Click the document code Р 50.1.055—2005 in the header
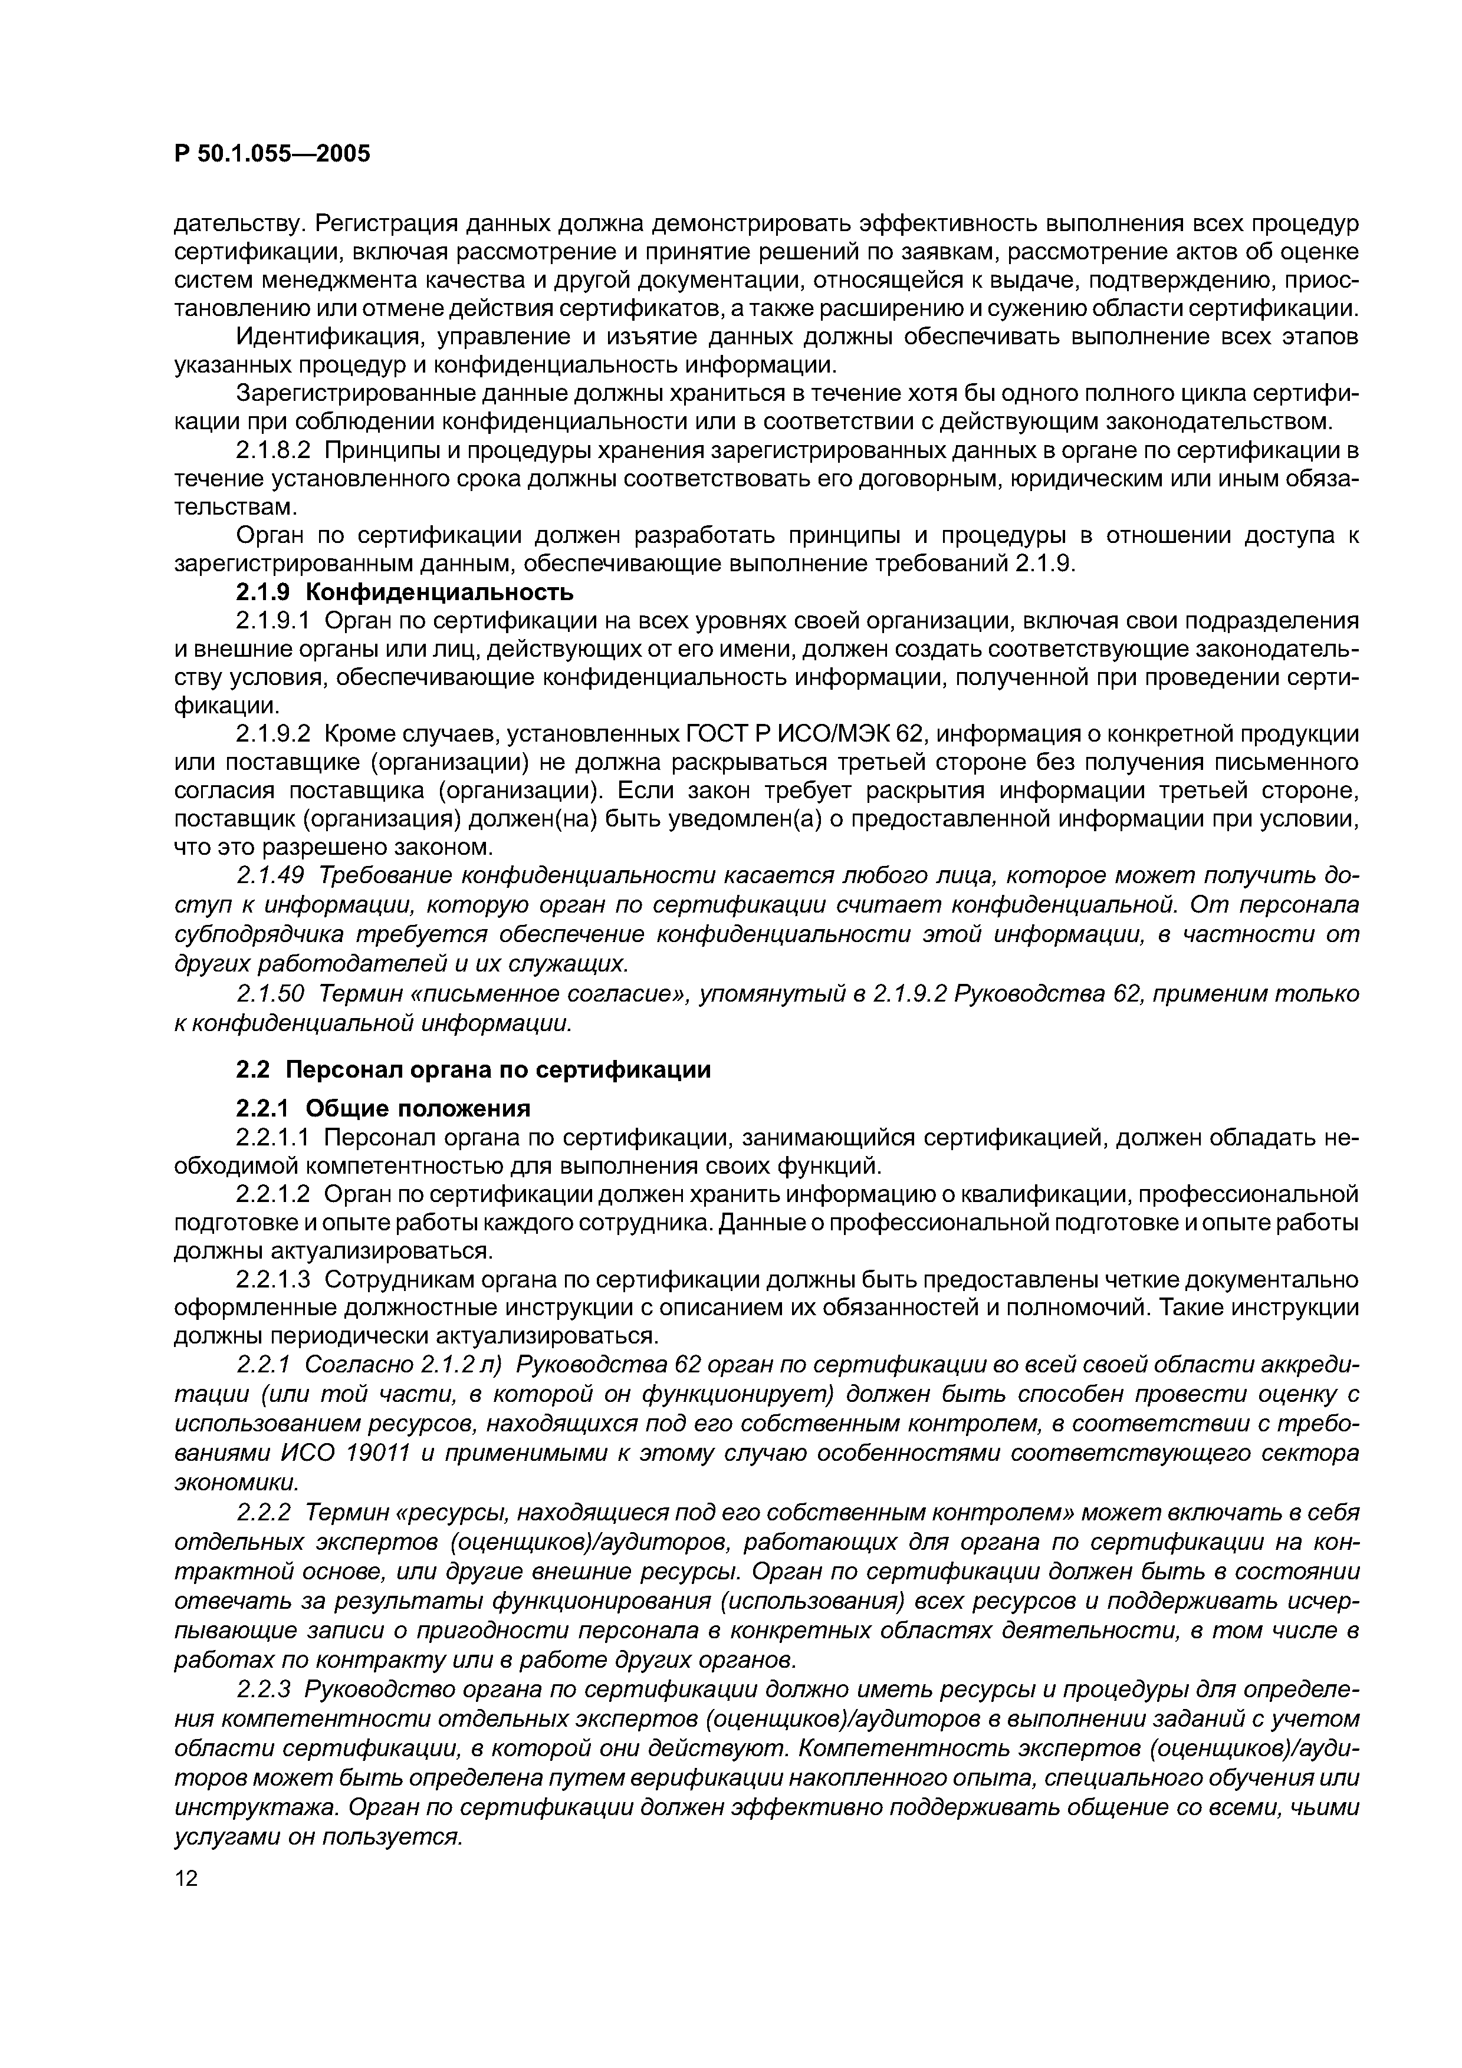271,154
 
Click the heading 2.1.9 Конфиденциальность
405,592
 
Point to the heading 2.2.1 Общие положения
383,1107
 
